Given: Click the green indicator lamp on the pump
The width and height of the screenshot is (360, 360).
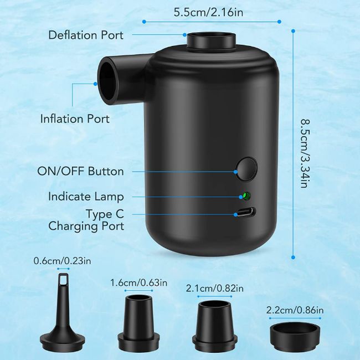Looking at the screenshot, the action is [x=246, y=196].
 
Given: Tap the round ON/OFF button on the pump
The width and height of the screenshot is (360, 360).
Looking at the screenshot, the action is [x=247, y=169].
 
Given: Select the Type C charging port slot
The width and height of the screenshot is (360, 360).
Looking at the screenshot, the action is [x=246, y=212].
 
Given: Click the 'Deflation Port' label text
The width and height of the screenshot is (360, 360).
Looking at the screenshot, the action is [x=86, y=35].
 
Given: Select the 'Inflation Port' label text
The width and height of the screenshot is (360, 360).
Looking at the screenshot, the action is [x=75, y=119].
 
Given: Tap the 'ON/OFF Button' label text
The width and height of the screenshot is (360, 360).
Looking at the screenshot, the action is [x=81, y=171].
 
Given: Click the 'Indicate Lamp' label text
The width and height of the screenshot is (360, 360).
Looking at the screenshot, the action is [x=86, y=197].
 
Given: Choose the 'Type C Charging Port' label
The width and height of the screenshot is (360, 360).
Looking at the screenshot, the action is [x=86, y=220].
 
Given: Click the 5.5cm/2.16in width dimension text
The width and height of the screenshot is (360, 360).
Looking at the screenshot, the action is [x=208, y=12].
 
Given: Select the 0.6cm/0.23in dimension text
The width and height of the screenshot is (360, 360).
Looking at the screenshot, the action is [x=62, y=261].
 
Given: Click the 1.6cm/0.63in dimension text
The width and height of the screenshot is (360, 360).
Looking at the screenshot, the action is [x=139, y=282].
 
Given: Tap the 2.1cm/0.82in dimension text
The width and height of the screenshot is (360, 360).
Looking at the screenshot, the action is [x=215, y=289].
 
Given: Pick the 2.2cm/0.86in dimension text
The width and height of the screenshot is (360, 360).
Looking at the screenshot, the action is [x=295, y=310].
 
